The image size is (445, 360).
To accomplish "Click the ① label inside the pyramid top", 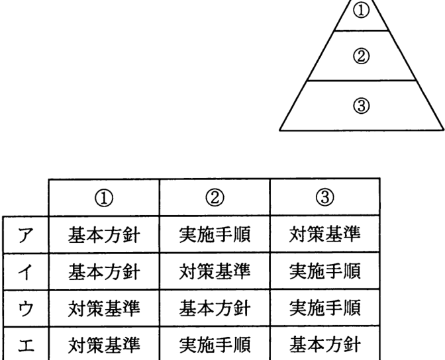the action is (362, 11).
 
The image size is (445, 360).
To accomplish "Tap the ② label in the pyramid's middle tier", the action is (362, 56).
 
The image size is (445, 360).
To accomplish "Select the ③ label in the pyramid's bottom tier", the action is (362, 106).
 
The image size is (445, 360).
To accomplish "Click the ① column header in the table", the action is (104, 199).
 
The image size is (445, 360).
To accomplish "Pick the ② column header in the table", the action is (215, 198).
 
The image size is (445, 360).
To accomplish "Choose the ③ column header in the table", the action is (325, 197).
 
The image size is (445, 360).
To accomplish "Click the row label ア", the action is (26, 235).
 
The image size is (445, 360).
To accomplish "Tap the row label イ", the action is (26, 272).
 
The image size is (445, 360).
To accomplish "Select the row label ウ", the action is (26, 308).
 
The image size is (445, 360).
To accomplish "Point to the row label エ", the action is (26, 345).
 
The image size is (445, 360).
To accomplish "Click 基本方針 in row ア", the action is (104, 235).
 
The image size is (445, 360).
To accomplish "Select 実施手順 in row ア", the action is (215, 234).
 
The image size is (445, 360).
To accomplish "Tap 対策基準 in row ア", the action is (325, 234).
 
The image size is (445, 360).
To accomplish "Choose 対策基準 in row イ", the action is (215, 271).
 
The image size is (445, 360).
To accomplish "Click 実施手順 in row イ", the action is (325, 271).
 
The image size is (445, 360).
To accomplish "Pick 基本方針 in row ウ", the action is (215, 308).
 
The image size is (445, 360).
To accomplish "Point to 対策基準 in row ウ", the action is (104, 308).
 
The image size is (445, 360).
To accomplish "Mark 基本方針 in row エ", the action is (325, 345).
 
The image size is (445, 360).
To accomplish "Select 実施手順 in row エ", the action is (215, 345).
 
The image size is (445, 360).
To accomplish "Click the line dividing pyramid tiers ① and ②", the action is (362, 30).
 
